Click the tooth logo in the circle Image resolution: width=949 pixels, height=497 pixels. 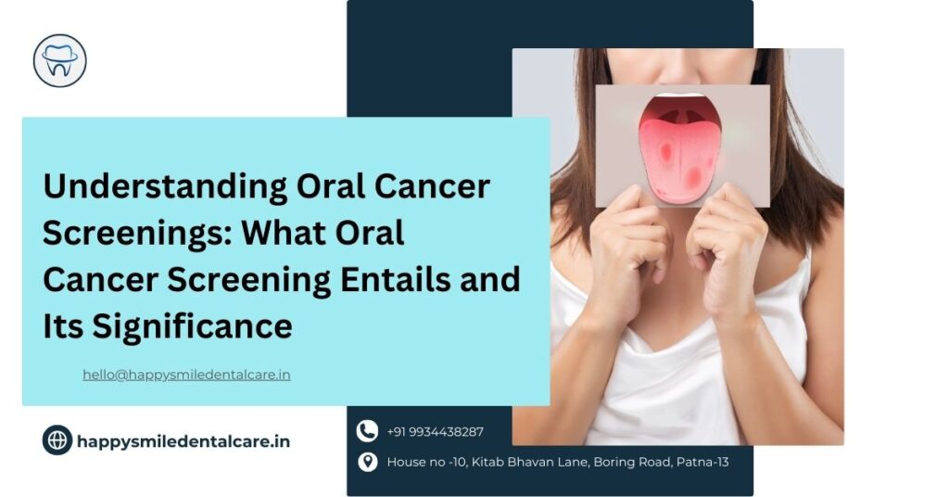point(60,60)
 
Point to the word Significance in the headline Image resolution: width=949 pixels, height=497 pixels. point(193,325)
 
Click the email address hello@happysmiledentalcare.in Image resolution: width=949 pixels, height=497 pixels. point(186,375)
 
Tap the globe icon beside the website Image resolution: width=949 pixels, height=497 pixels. point(57,440)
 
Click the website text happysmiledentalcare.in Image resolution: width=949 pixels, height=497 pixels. point(183,442)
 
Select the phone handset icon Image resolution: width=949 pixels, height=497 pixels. point(367,431)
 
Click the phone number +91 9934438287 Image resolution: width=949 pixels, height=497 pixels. point(436,431)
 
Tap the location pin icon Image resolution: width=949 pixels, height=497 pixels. point(367,462)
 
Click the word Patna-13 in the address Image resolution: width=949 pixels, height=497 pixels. point(702,463)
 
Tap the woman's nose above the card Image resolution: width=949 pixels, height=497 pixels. point(683,70)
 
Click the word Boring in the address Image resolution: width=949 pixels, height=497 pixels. point(614,463)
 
